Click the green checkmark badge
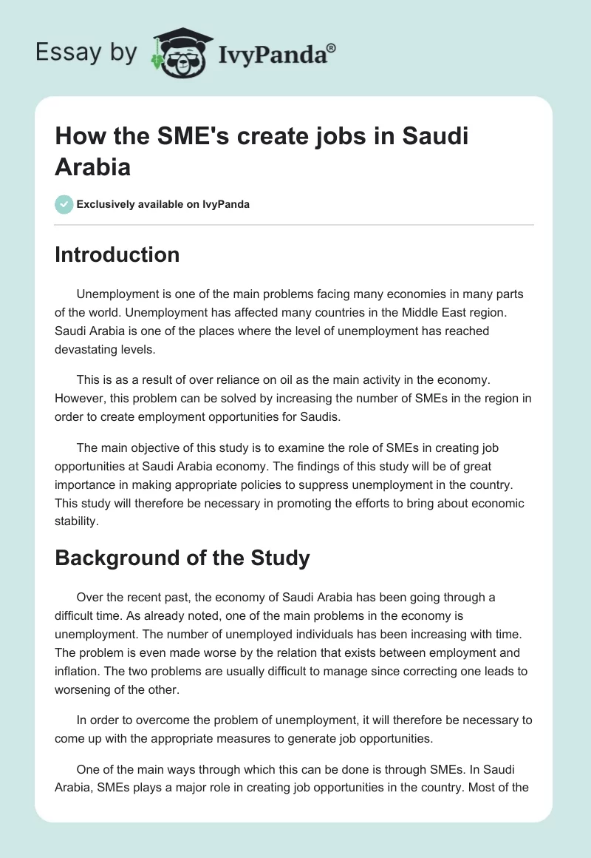tap(64, 204)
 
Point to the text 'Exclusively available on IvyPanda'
tap(163, 204)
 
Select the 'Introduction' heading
tap(117, 254)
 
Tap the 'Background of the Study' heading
tap(182, 558)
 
